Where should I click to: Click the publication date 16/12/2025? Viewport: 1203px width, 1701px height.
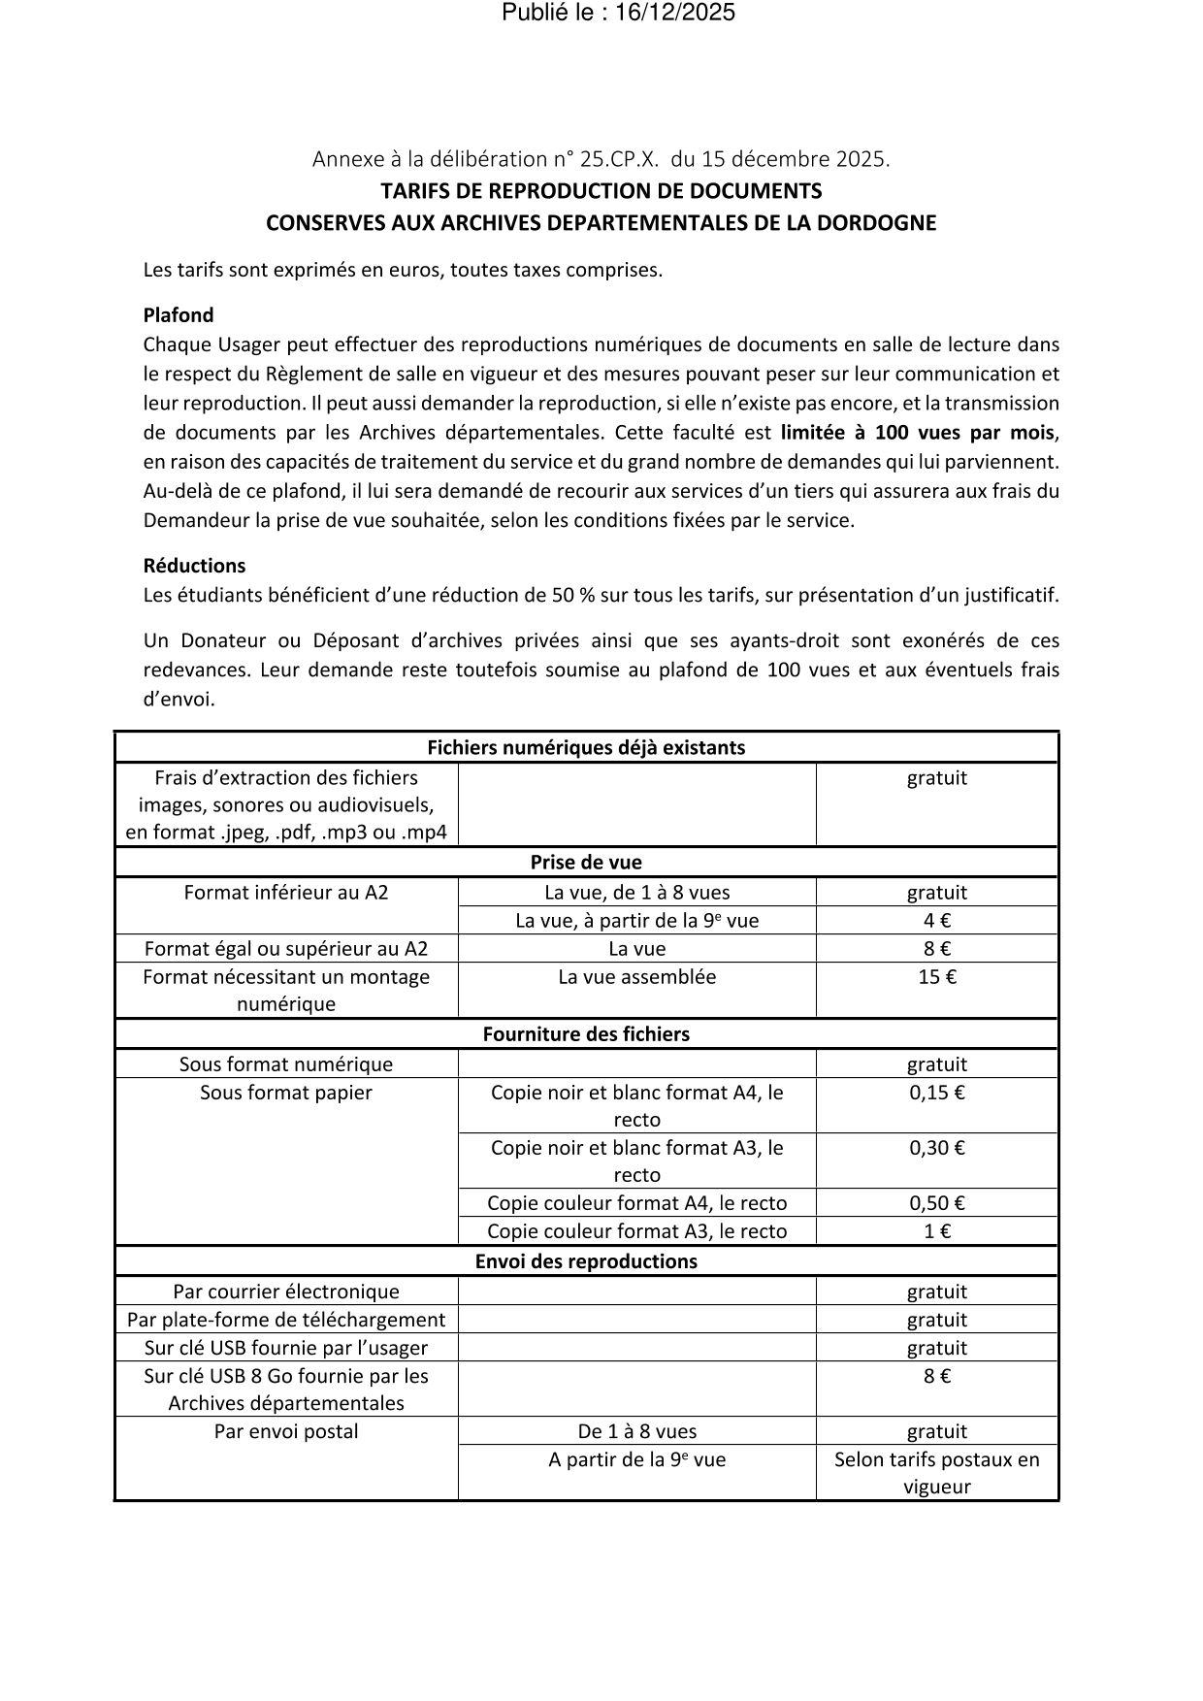click(x=674, y=13)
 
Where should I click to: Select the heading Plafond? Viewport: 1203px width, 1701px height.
click(x=179, y=315)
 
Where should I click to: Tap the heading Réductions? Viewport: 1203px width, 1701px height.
click(x=194, y=566)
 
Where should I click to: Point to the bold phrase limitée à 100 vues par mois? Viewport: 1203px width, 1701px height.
click(x=917, y=432)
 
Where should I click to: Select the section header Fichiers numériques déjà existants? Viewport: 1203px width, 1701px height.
click(x=586, y=748)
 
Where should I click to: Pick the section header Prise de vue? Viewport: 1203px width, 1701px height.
click(x=586, y=863)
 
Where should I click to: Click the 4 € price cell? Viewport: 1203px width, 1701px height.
click(x=936, y=921)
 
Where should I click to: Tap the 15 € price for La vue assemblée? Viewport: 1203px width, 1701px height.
click(x=936, y=977)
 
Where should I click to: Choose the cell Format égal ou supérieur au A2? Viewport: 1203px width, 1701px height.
click(x=286, y=949)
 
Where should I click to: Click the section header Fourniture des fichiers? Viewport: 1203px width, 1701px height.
click(x=586, y=1034)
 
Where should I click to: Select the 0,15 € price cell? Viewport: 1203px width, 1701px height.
click(x=936, y=1093)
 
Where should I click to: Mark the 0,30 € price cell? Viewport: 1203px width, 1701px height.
click(x=936, y=1148)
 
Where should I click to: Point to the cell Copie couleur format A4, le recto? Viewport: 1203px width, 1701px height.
click(x=636, y=1203)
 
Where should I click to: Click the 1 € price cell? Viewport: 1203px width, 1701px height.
click(x=936, y=1231)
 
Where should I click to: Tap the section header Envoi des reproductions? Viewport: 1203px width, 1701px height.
click(x=586, y=1261)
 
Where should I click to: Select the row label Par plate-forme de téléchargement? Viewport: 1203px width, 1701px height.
click(x=286, y=1320)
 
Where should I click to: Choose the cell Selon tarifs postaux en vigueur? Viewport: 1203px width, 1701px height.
click(x=936, y=1473)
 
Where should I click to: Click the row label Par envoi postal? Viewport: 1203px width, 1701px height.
click(x=286, y=1431)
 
